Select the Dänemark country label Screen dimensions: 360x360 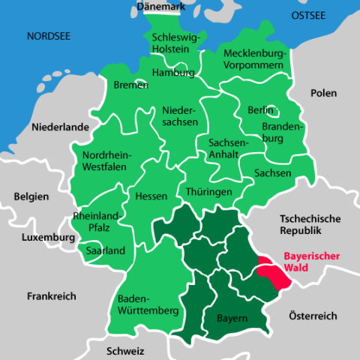point(160,7)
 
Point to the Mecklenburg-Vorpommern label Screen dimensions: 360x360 point(256,59)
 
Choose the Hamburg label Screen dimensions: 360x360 point(173,73)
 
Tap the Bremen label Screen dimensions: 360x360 point(131,85)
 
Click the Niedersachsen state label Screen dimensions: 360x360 point(180,115)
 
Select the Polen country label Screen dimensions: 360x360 point(323,93)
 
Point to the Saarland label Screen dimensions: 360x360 point(106,250)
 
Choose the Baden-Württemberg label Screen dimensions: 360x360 point(142,302)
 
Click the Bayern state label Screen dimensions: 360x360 point(232,319)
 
